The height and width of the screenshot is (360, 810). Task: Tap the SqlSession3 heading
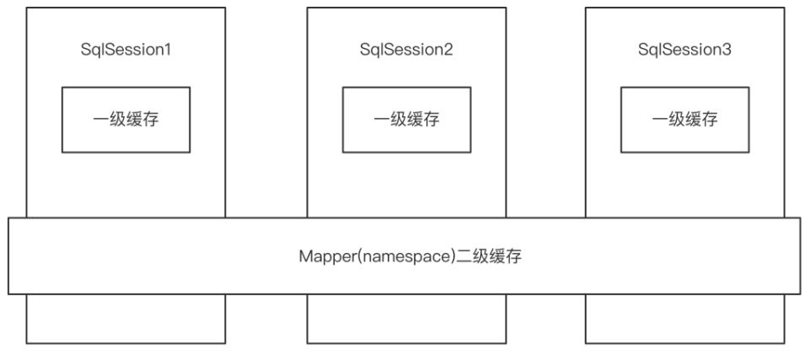pyautogui.click(x=685, y=50)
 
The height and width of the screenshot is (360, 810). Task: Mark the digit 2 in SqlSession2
pyautogui.click(x=450, y=50)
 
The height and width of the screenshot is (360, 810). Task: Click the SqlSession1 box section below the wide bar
pyautogui.click(x=126, y=319)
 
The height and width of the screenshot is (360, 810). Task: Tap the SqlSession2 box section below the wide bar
pyautogui.click(x=406, y=319)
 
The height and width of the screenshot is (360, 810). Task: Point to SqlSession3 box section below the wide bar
pyautogui.click(x=685, y=319)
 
